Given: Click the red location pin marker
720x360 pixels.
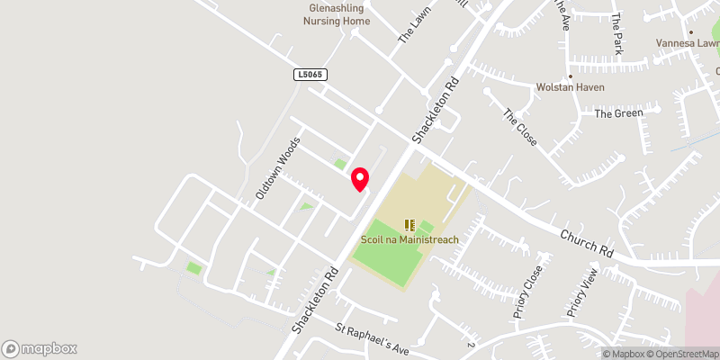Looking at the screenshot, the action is tap(360, 179).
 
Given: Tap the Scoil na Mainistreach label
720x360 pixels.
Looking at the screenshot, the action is tap(410, 239).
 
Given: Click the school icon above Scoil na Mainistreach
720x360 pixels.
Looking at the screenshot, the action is tap(409, 225).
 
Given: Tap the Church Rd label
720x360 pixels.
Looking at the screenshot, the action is tap(586, 240).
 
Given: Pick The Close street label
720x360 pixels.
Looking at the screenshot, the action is tap(519, 129).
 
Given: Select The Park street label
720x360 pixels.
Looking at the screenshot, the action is tap(616, 34).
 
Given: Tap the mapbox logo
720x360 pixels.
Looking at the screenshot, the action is tap(40, 348).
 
